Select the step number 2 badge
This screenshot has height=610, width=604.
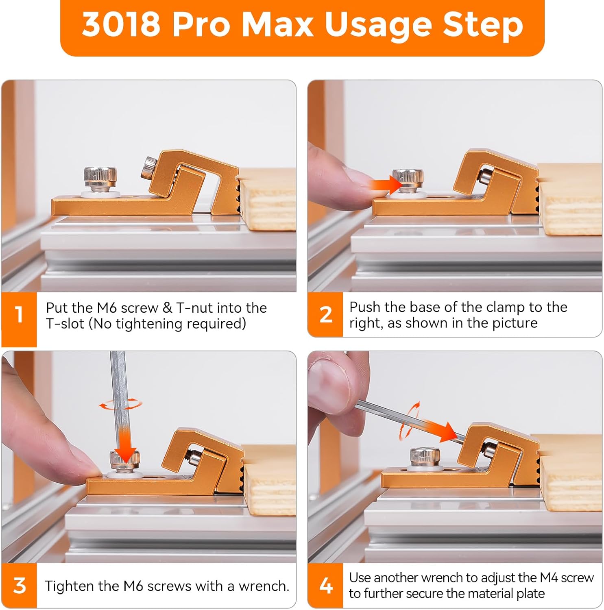pos(325,314)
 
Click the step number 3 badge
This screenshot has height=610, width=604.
pos(19,586)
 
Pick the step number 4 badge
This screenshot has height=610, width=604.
pos(325,586)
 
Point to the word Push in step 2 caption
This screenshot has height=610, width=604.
pos(364,307)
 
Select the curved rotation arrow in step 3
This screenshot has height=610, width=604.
pos(121,404)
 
